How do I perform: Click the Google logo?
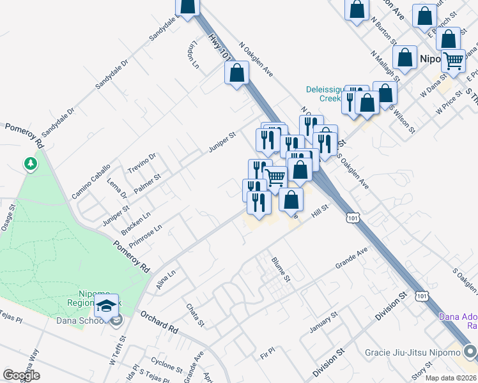click(x=22, y=375)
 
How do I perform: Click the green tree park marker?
click(x=30, y=165)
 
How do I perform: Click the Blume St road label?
click(x=281, y=269)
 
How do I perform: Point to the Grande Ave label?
click(x=352, y=258)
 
